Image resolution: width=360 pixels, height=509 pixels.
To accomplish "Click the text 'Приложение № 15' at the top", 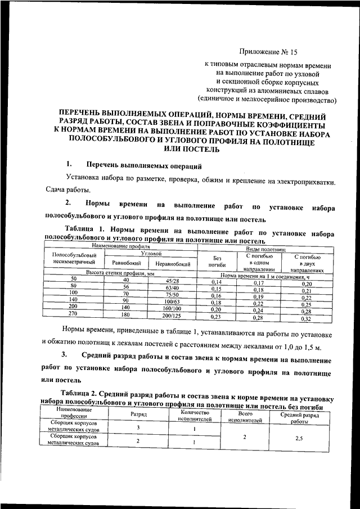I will (x=269, y=52).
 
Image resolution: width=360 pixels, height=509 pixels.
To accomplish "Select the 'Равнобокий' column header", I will (x=125, y=263).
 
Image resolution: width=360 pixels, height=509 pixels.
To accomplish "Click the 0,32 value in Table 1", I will (x=306, y=319).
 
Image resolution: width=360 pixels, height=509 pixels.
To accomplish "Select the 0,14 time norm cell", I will (x=216, y=281).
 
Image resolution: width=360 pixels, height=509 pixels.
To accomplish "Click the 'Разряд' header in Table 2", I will (x=138, y=414).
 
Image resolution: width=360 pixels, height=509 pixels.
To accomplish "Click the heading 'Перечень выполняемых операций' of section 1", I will (x=143, y=166).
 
